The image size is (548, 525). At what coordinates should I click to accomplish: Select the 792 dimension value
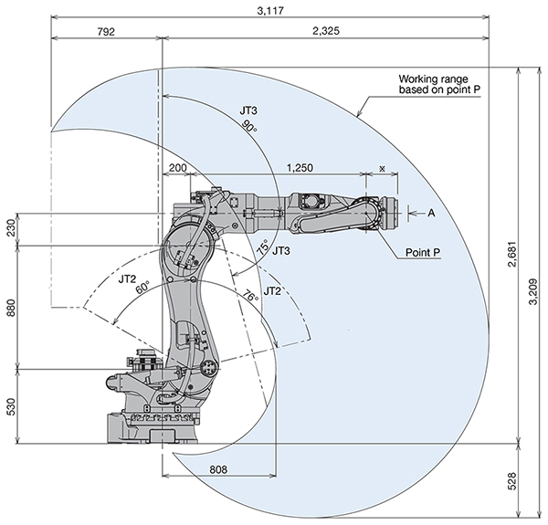pos(105,31)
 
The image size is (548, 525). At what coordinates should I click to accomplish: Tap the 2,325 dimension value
pos(325,31)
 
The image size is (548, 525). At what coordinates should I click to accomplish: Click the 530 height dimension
pos(11,406)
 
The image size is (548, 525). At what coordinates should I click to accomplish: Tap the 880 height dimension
pos(11,309)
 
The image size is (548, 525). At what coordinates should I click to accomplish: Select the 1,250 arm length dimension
pos(301,167)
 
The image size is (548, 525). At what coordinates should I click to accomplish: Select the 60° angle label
pos(142,288)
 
